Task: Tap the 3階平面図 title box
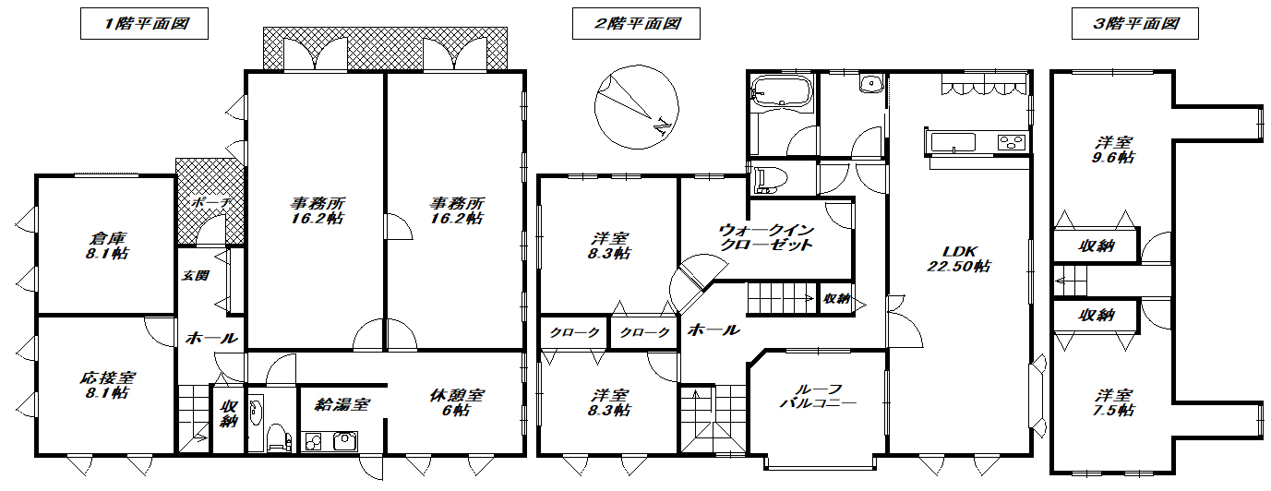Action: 1135,24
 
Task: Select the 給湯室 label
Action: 342,403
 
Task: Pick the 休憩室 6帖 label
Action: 457,402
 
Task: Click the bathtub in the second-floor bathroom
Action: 781,91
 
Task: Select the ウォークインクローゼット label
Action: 765,237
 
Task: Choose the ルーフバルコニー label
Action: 817,396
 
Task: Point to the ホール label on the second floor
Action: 713,329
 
